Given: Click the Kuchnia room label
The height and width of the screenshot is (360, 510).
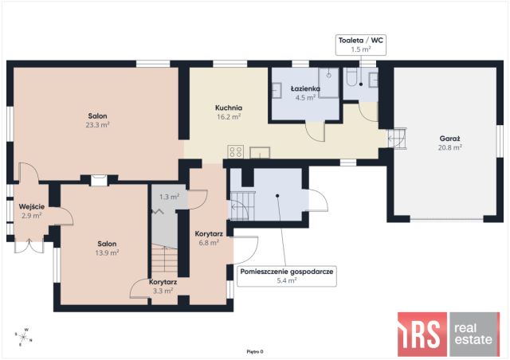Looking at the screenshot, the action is pos(229,108).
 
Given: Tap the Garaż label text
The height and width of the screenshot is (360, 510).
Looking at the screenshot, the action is pos(449,139).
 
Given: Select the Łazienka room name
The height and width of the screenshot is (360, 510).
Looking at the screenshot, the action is pos(305,88).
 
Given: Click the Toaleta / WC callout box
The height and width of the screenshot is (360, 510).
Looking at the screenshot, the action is pos(361,45).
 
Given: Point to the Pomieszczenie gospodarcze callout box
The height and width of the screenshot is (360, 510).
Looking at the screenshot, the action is pos(287,276).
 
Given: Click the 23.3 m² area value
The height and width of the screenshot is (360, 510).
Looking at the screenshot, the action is pos(97,125).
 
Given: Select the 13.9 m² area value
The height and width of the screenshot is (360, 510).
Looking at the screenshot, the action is pos(107,252).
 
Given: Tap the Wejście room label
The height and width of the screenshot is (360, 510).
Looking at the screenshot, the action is pos(32,207).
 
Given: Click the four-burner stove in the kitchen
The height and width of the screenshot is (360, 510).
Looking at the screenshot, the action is pos(236,151).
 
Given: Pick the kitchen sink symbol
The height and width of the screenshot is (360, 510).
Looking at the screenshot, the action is pos(260,152).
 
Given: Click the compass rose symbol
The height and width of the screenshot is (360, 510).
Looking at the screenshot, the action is pos(23,337).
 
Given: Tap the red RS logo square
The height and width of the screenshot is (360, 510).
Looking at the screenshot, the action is pos(422,334).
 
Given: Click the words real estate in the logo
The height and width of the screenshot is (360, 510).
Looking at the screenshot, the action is pos(473,334).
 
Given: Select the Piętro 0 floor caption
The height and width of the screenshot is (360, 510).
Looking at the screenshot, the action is pos(255,351).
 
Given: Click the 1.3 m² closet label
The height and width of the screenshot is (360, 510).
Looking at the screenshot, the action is pos(170,197).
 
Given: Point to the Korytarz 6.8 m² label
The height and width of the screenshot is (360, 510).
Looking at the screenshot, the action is pos(209,238).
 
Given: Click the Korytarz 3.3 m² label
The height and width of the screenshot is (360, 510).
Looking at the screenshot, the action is pos(163,287).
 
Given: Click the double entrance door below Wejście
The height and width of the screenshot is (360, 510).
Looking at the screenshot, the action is pos(29,246).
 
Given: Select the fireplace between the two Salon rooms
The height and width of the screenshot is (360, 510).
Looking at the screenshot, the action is pos(99,180).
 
